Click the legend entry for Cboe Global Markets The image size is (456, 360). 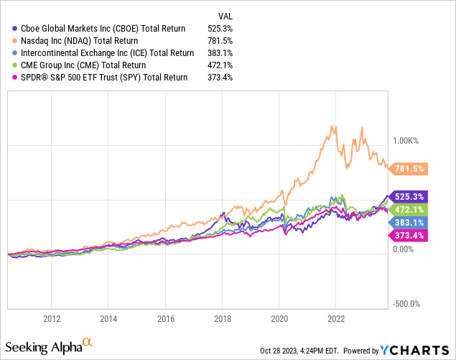click(x=100, y=29)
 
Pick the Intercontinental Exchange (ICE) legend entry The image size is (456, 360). click(x=104, y=53)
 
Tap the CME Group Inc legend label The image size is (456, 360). click(x=85, y=65)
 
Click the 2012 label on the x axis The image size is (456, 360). click(x=51, y=318)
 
